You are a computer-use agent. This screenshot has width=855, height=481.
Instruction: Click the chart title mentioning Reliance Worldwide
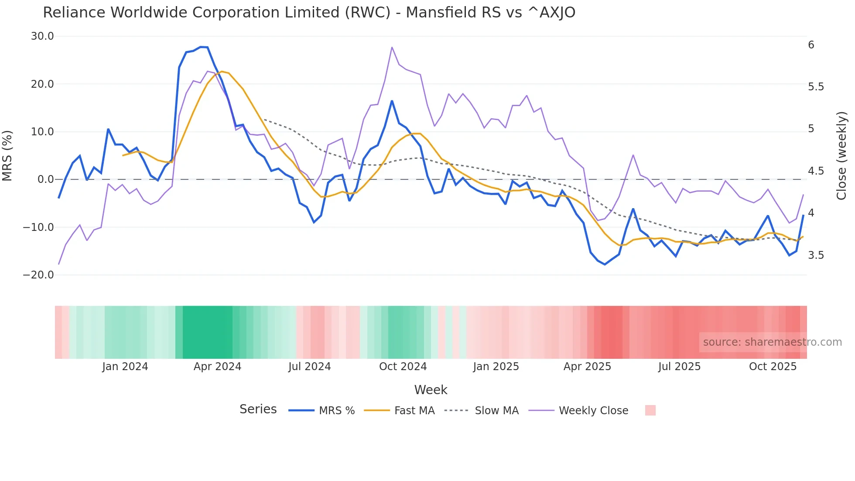coord(309,13)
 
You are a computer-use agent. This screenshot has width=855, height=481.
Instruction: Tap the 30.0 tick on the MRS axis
coord(42,36)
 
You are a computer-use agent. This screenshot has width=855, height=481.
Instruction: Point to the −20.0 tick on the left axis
coord(38,275)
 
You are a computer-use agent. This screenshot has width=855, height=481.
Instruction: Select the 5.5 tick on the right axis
coord(816,87)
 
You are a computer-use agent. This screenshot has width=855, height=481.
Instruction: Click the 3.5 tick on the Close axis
coord(816,255)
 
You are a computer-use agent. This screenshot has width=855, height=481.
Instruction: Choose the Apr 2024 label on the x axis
coord(217,367)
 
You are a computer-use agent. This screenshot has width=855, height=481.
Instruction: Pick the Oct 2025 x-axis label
coord(773,367)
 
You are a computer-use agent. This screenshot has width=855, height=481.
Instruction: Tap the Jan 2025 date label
coord(496,367)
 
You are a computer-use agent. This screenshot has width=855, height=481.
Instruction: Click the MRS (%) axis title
coord(7,155)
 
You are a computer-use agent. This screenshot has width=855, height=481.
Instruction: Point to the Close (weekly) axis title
coord(841,155)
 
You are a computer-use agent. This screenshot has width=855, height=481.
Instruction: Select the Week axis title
coord(431,390)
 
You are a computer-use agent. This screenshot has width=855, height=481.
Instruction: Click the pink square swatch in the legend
coord(650,410)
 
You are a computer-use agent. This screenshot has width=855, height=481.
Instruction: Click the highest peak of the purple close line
coord(392,47)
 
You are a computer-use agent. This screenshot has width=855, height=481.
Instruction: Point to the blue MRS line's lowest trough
coord(605,264)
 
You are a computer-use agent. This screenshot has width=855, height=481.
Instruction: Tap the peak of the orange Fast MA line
coord(222,72)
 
